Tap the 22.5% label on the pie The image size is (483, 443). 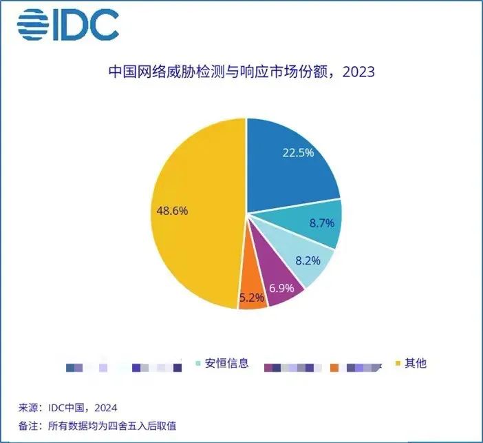[x=298, y=153]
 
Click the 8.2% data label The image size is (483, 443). [x=308, y=262]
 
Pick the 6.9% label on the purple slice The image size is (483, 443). [x=281, y=286]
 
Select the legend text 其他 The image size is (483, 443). [x=416, y=362]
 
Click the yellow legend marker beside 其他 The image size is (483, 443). [x=398, y=363]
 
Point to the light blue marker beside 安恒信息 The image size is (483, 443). [x=199, y=363]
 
